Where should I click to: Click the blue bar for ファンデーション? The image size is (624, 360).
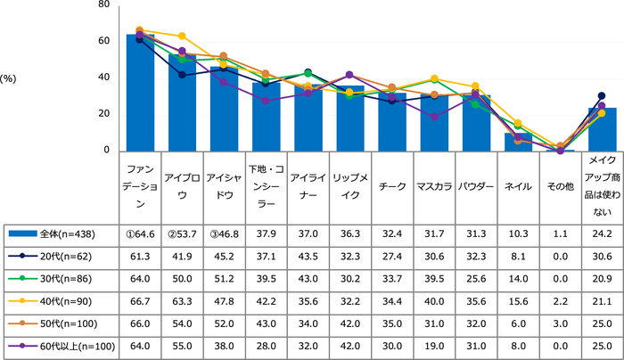point(140,94)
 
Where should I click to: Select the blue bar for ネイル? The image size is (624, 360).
point(518,142)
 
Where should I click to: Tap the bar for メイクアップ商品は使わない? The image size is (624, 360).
point(602,130)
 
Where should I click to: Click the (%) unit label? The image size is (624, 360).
point(10,78)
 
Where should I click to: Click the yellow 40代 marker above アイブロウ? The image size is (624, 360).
point(182,36)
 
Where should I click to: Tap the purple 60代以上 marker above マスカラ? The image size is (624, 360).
point(434,117)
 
